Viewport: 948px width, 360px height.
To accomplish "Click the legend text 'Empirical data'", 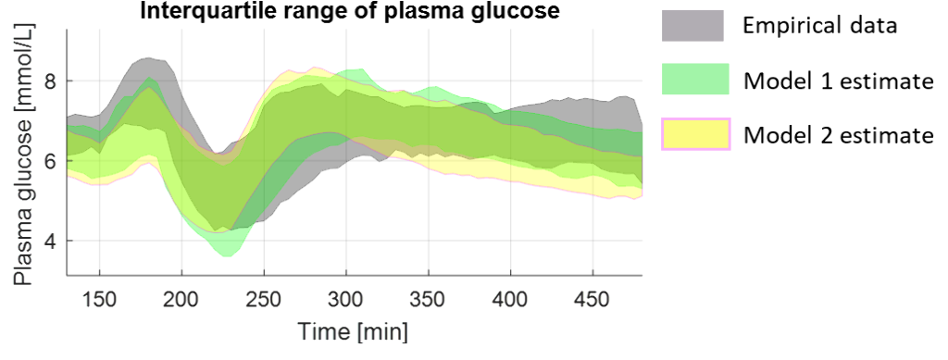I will tap(820, 26).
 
